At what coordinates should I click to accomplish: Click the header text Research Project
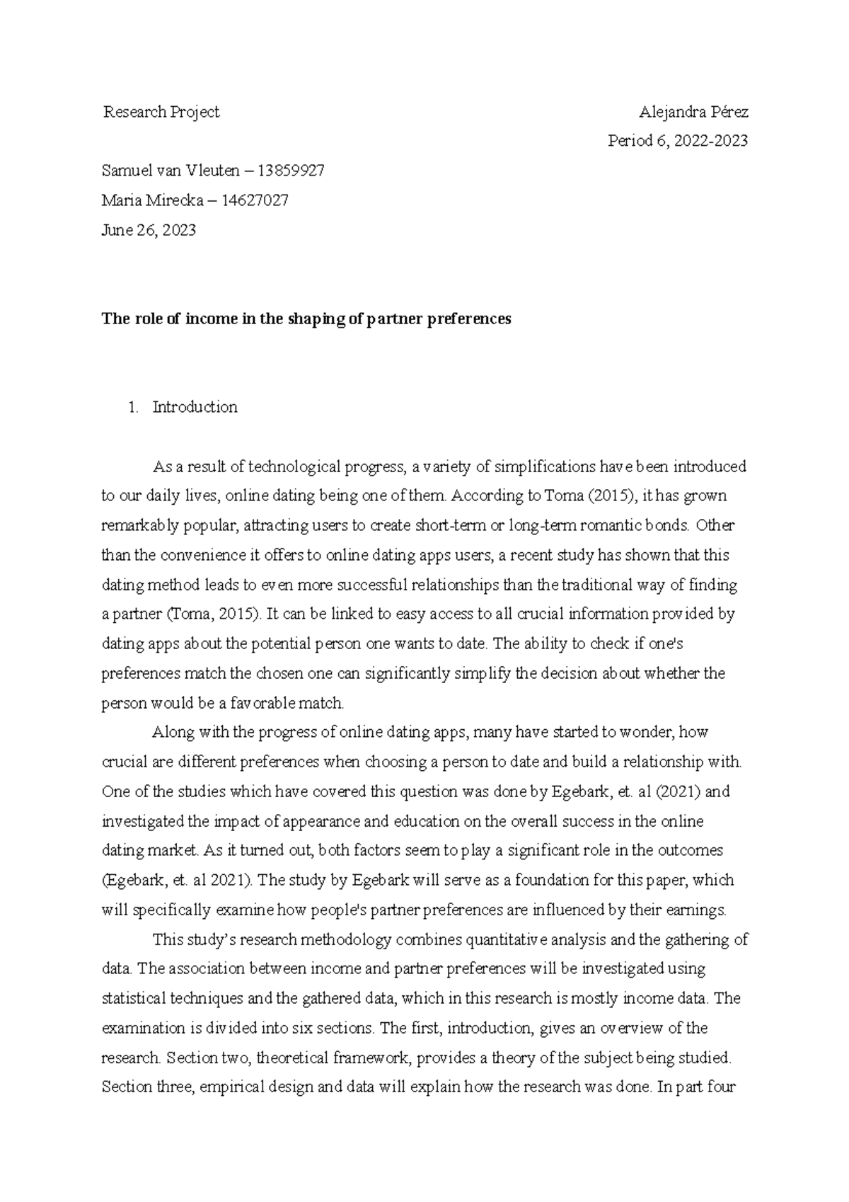pyautogui.click(x=161, y=112)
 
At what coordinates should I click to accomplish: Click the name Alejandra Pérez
pyautogui.click(x=693, y=112)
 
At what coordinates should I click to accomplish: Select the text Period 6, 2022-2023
pyautogui.click(x=678, y=141)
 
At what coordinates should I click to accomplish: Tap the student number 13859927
pyautogui.click(x=291, y=171)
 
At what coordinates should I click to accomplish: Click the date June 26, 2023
pyautogui.click(x=149, y=230)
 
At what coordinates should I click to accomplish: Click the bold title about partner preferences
pyautogui.click(x=306, y=319)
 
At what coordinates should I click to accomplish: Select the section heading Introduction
pyautogui.click(x=195, y=407)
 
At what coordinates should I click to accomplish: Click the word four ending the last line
pyautogui.click(x=721, y=1087)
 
